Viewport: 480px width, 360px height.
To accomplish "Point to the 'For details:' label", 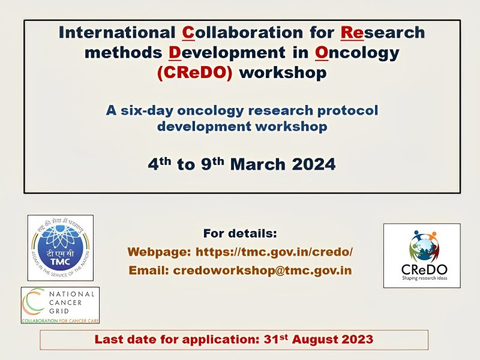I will pos(240,233).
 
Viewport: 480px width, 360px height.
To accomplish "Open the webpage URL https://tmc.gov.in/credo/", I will pos(274,252).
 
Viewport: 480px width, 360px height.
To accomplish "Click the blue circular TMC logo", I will pos(60,247).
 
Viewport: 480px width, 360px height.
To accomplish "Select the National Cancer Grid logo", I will pos(60,305).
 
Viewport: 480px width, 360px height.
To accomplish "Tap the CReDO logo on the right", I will pos(422,255).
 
